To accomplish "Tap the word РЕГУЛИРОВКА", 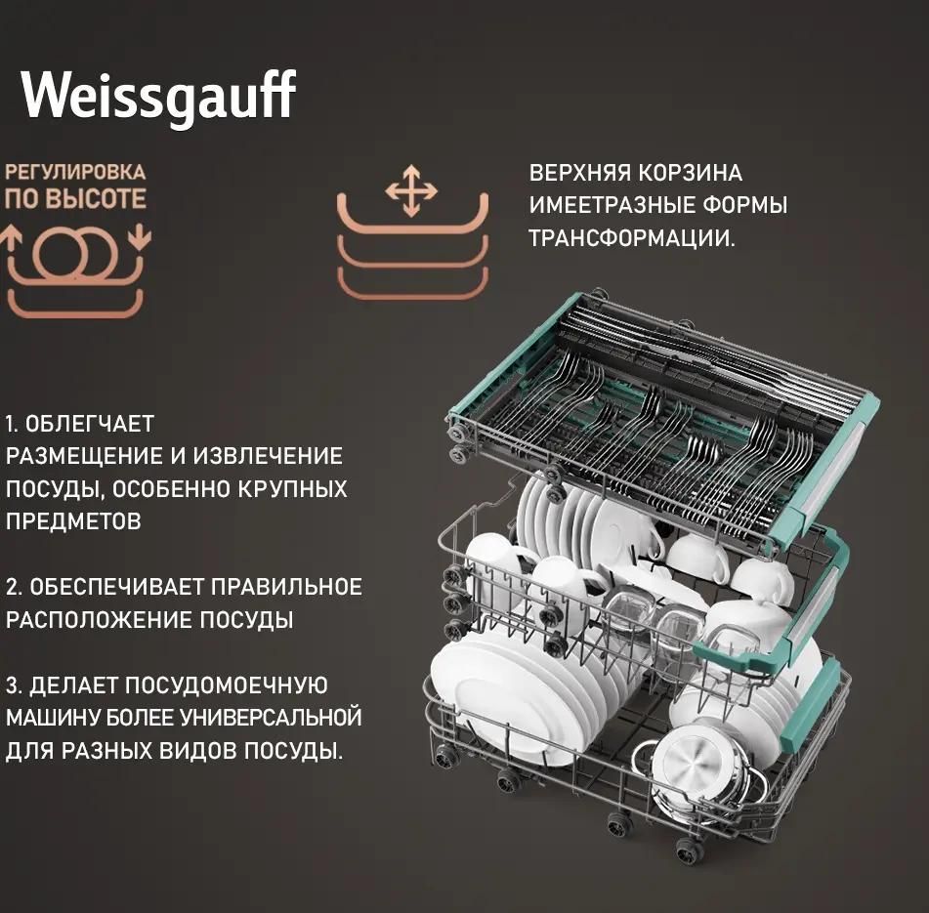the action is coord(75,172).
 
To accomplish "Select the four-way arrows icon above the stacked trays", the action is coord(411,190).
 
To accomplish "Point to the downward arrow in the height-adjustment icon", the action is coord(140,237).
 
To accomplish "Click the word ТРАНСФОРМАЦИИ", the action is coord(632,238).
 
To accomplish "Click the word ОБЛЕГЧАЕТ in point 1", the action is coord(90,424).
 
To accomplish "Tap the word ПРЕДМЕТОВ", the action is coord(73,521).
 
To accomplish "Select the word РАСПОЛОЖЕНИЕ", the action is coord(100,620).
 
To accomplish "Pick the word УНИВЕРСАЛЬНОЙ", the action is coord(271,718).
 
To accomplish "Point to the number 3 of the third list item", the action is coord(13,685).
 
